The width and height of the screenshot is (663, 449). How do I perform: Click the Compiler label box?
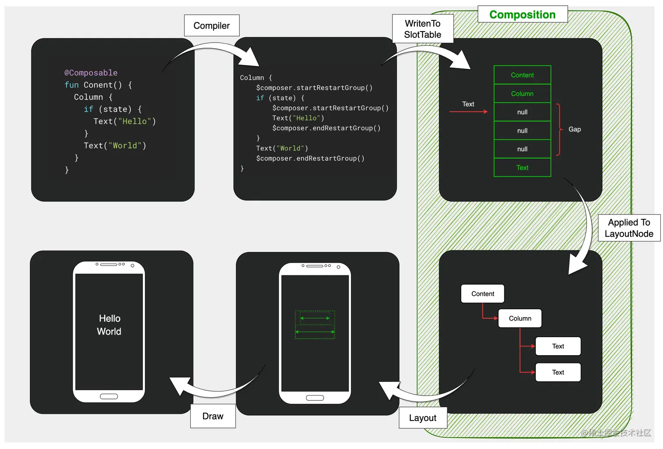click(212, 25)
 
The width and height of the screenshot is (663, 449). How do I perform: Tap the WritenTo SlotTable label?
click(422, 29)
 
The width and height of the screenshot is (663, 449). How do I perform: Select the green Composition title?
click(522, 14)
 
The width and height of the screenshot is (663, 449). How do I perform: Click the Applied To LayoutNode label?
click(629, 228)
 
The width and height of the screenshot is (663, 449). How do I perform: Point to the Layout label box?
click(423, 418)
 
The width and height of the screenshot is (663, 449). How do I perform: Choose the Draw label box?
click(213, 416)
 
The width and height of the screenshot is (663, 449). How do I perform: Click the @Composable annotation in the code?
click(91, 73)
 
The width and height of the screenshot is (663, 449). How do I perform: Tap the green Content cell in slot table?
click(522, 75)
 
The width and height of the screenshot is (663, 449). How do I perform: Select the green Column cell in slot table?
click(522, 94)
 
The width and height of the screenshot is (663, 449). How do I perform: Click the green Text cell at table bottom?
click(522, 167)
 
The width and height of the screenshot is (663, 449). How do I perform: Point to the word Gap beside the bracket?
click(574, 129)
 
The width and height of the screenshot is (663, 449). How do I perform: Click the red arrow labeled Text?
click(468, 112)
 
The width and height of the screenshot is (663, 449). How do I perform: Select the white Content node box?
click(482, 294)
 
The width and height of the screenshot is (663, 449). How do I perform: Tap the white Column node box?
click(520, 318)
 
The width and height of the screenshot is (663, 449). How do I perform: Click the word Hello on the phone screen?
click(110, 318)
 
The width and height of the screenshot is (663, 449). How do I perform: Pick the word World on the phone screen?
click(109, 331)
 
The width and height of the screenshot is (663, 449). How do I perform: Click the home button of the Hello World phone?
click(109, 396)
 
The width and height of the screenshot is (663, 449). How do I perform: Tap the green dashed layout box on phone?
click(315, 325)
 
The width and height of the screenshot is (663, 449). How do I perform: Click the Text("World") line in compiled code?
click(282, 148)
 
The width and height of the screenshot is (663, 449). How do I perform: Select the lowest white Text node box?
click(558, 372)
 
